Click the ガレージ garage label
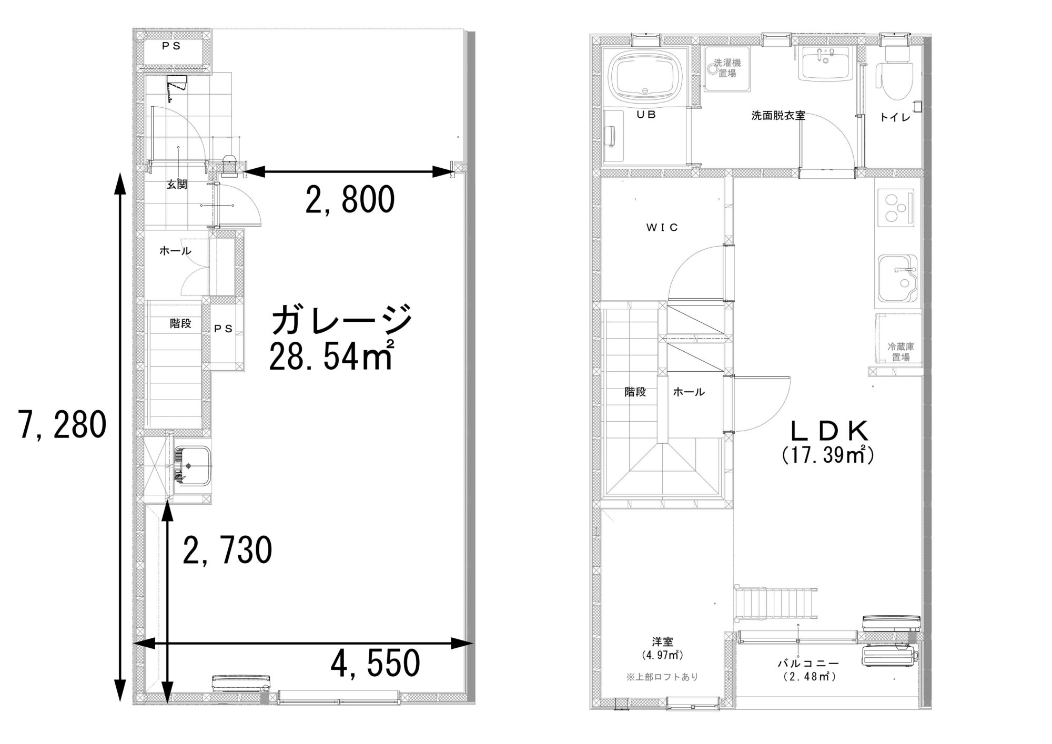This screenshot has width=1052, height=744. (341, 320)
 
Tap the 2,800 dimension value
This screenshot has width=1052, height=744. (350, 199)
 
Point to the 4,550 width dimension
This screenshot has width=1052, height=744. (375, 663)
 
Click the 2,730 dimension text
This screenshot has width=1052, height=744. (227, 550)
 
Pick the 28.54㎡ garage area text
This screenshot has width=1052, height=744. (331, 356)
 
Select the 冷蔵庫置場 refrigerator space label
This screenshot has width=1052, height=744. (901, 352)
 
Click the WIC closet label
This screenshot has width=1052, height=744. (662, 227)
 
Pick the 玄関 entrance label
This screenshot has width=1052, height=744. (177, 185)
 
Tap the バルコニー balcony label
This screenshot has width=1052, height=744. (808, 664)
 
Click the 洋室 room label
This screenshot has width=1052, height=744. (662, 642)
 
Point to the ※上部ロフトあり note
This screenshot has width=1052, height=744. (662, 677)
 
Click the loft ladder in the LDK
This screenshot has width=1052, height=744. (776, 603)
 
